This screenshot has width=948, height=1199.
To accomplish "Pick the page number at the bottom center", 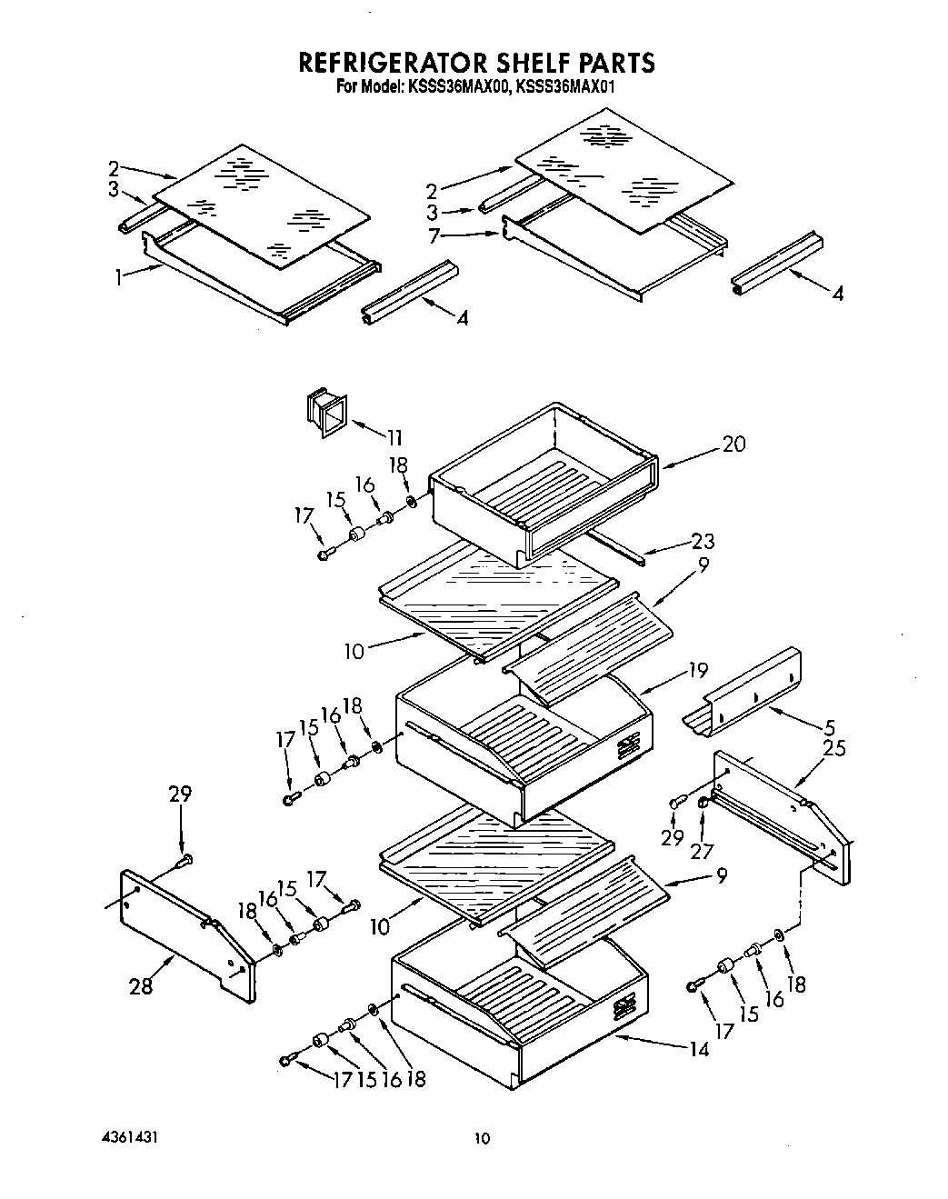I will [x=482, y=1138].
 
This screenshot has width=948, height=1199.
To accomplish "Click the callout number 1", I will [x=119, y=278].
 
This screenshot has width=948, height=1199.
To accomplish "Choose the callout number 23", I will [x=702, y=542].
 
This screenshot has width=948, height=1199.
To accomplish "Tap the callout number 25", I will [x=833, y=748].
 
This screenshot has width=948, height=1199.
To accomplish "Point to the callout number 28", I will [x=141, y=986].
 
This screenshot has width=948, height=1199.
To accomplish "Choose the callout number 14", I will [x=698, y=1048].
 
